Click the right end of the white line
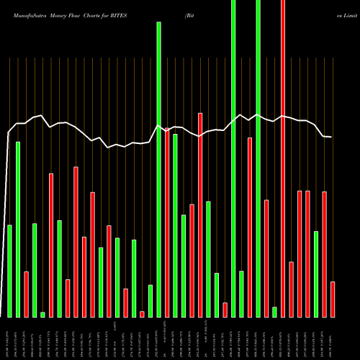click(x=331, y=137)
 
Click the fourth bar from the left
click(x=35, y=270)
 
